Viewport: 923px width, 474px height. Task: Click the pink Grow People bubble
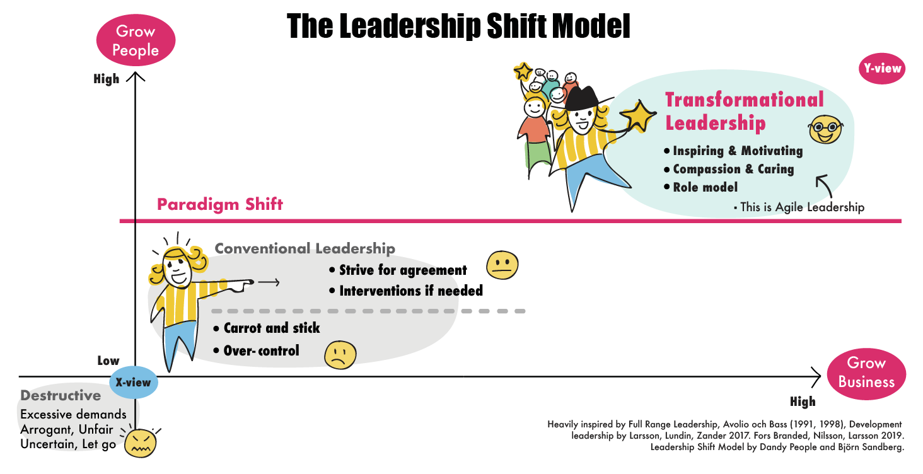tap(136, 40)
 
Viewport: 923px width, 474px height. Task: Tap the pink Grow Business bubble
tap(866, 374)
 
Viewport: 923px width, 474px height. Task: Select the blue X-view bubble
tap(134, 382)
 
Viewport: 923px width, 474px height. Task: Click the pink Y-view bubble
tap(882, 68)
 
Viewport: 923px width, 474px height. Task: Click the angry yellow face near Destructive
tap(140, 443)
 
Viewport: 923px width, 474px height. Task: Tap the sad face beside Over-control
tap(340, 355)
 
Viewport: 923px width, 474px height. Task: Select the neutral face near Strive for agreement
tap(502, 265)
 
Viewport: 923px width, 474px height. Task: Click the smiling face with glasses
tap(825, 129)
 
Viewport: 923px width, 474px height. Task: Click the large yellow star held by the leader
tap(638, 116)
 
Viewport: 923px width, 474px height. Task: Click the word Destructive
tap(61, 395)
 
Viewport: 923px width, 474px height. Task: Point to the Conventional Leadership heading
tap(305, 248)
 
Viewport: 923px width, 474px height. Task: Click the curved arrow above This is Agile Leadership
tap(824, 186)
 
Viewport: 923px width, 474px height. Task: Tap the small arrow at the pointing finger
tap(269, 282)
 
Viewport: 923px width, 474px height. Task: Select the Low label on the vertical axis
tap(108, 361)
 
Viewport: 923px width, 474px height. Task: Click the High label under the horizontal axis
tap(803, 402)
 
